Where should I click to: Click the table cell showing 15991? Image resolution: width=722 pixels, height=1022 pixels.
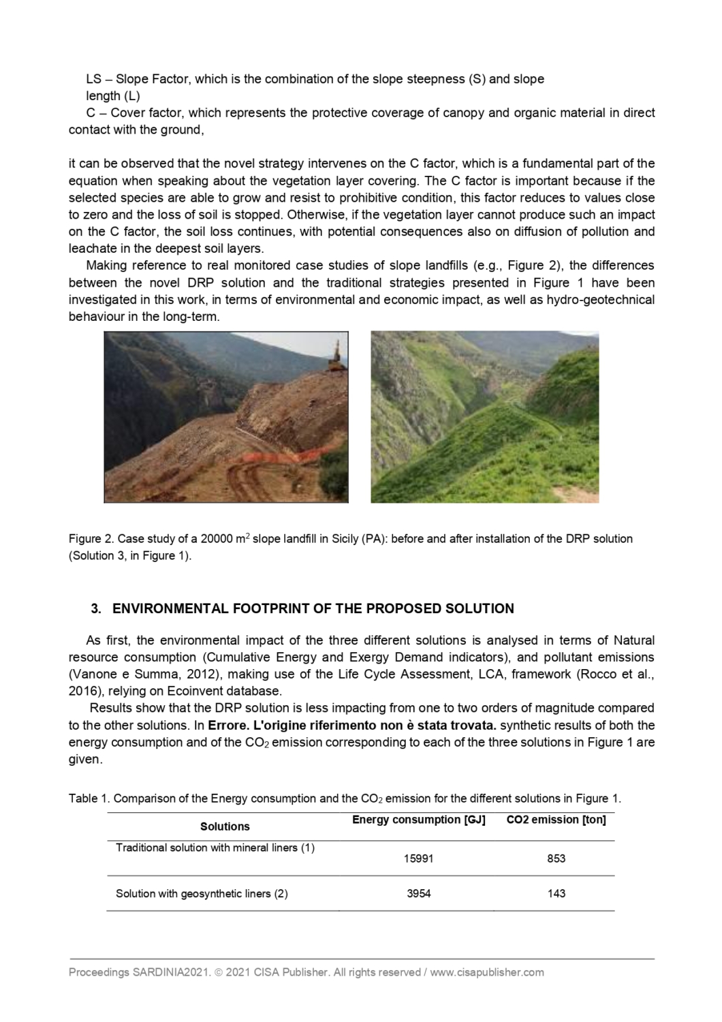point(418,858)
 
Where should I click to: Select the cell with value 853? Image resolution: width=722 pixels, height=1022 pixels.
point(556,858)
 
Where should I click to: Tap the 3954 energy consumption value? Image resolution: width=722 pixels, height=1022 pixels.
point(418,893)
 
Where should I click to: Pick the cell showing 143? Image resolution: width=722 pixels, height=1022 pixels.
point(556,893)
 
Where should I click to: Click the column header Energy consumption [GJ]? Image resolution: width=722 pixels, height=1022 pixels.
point(418,820)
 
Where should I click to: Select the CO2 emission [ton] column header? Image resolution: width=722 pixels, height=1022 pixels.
point(556,820)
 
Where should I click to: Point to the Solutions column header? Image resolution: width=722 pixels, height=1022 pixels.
point(225,826)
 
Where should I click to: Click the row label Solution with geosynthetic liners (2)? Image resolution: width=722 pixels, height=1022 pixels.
point(202,893)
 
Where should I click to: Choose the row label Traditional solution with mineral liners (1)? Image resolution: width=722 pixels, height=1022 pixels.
point(215,848)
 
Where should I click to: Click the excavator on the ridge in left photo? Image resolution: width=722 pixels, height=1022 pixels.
point(335,357)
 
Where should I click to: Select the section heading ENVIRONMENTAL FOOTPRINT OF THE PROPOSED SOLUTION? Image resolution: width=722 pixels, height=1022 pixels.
point(313,608)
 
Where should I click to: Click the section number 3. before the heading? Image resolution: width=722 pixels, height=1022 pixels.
point(96,608)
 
